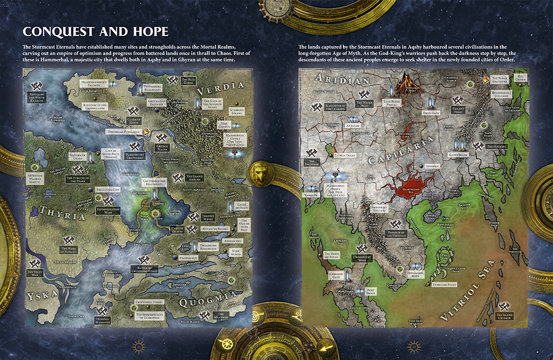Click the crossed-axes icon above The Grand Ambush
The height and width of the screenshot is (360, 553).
click(178, 178)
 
